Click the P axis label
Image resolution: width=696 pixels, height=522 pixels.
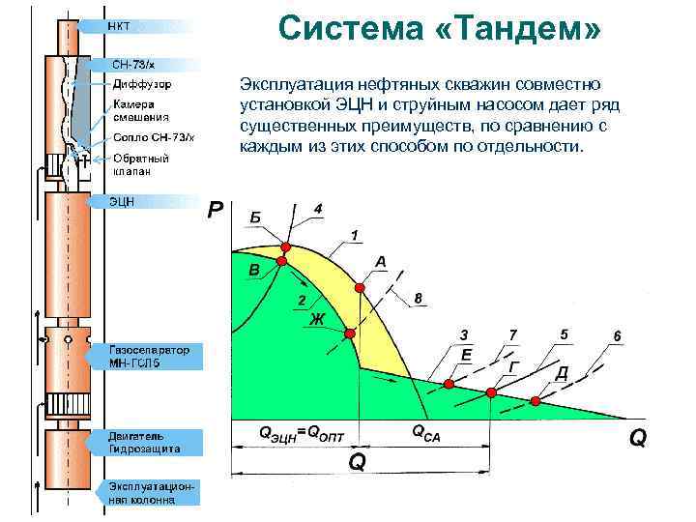(x=217, y=210)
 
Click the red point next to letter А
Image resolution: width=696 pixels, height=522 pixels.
(x=360, y=287)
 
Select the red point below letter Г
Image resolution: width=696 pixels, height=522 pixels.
(x=491, y=392)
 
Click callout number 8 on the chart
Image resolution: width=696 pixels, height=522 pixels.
(x=418, y=298)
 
